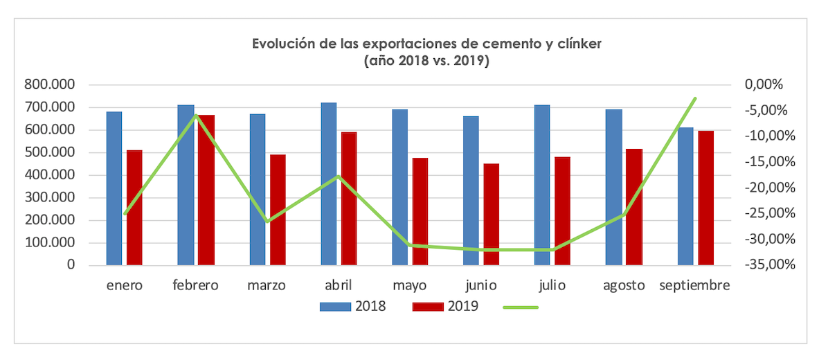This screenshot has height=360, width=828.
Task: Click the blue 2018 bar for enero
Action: pyautogui.click(x=114, y=188)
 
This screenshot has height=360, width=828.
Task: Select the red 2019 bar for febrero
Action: pyautogui.click(x=206, y=190)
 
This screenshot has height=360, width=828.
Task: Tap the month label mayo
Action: pyautogui.click(x=409, y=285)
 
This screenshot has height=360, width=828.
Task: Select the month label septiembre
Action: pyautogui.click(x=694, y=285)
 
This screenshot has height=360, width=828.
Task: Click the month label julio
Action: pyautogui.click(x=552, y=285)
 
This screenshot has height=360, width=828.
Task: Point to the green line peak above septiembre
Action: pyautogui.click(x=695, y=98)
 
